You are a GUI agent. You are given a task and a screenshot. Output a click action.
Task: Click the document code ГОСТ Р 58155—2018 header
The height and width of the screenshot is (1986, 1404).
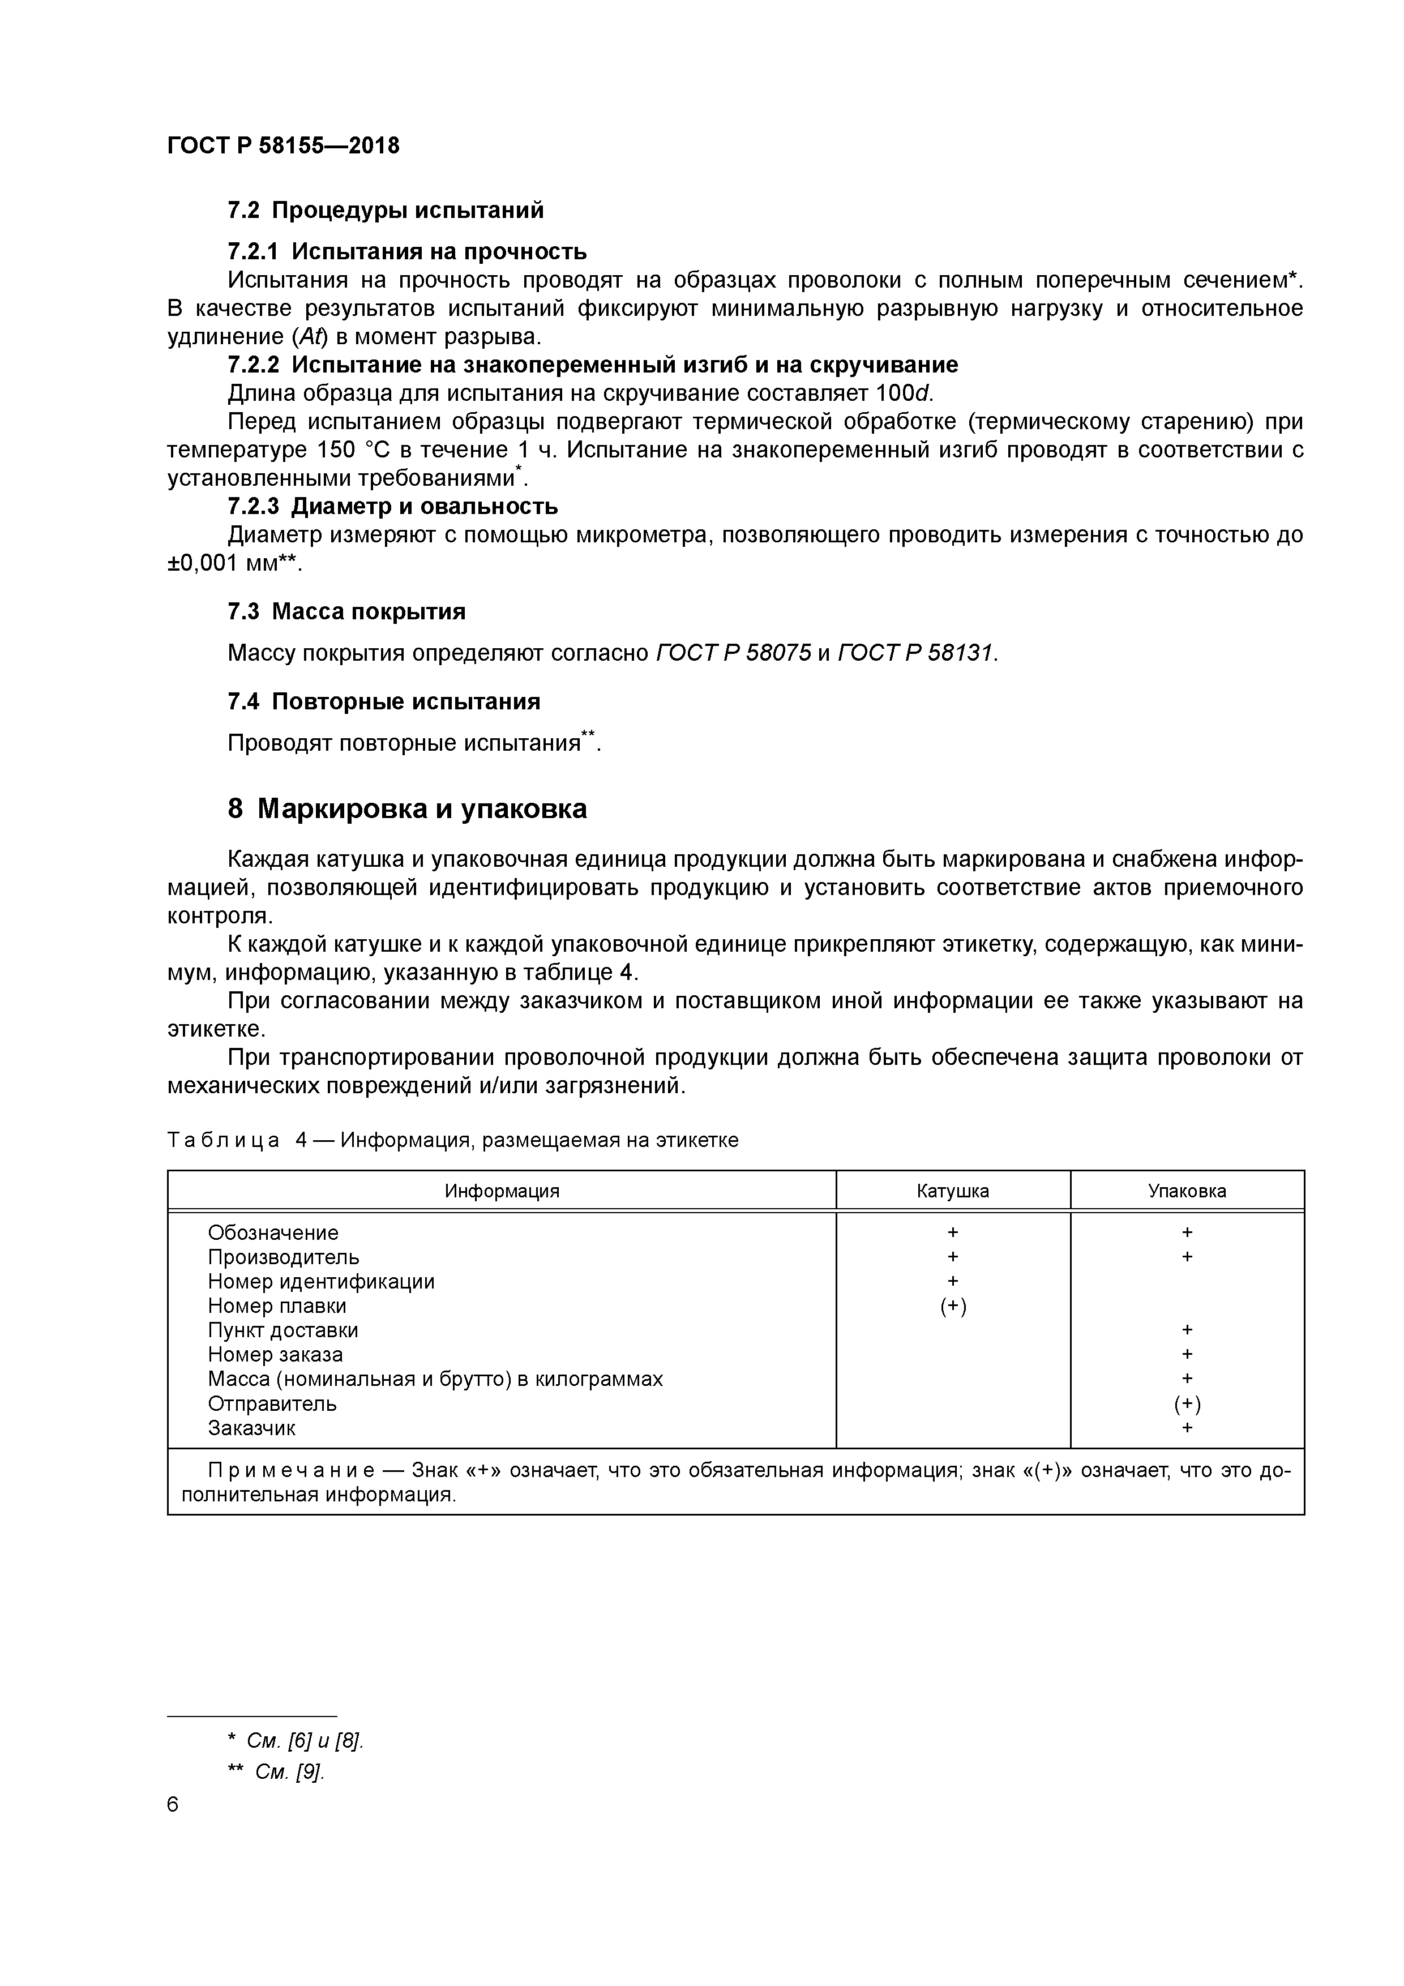pyautogui.click(x=283, y=145)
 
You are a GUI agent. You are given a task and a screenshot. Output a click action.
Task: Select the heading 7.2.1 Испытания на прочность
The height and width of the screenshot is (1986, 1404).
pyautogui.click(x=406, y=252)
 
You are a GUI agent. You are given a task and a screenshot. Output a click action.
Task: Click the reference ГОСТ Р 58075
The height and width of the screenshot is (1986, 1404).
pyautogui.click(x=734, y=653)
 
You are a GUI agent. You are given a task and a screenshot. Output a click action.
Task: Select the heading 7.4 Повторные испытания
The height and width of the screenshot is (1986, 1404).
pyautogui.click(x=383, y=701)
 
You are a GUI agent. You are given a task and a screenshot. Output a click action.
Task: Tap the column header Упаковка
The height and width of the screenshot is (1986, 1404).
pyautogui.click(x=1186, y=1191)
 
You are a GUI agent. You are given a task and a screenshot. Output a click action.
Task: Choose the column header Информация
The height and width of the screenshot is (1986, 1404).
pyautogui.click(x=502, y=1191)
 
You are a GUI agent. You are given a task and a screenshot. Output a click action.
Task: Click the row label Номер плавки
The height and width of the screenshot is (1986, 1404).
pyautogui.click(x=277, y=1306)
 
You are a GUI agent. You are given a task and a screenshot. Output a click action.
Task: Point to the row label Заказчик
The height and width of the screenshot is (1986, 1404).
pyautogui.click(x=251, y=1428)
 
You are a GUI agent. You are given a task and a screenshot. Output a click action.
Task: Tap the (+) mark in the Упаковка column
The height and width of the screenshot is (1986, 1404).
pyautogui.click(x=1186, y=1404)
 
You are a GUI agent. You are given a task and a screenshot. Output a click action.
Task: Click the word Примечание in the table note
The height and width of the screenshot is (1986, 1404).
pyautogui.click(x=290, y=1470)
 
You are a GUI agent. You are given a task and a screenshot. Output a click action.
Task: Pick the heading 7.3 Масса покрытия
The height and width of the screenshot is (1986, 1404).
pyautogui.click(x=346, y=611)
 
